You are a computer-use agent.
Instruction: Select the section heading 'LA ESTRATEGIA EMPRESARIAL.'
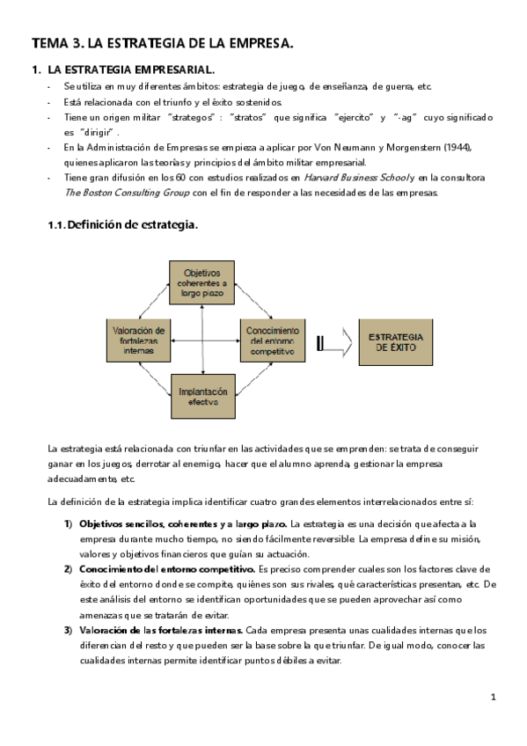tap(131, 69)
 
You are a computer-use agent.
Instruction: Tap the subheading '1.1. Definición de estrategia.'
tap(122, 225)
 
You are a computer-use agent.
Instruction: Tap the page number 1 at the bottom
tap(494, 698)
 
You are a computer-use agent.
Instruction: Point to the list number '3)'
tap(69, 630)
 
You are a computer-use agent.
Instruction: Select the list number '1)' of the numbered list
tap(69, 524)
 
